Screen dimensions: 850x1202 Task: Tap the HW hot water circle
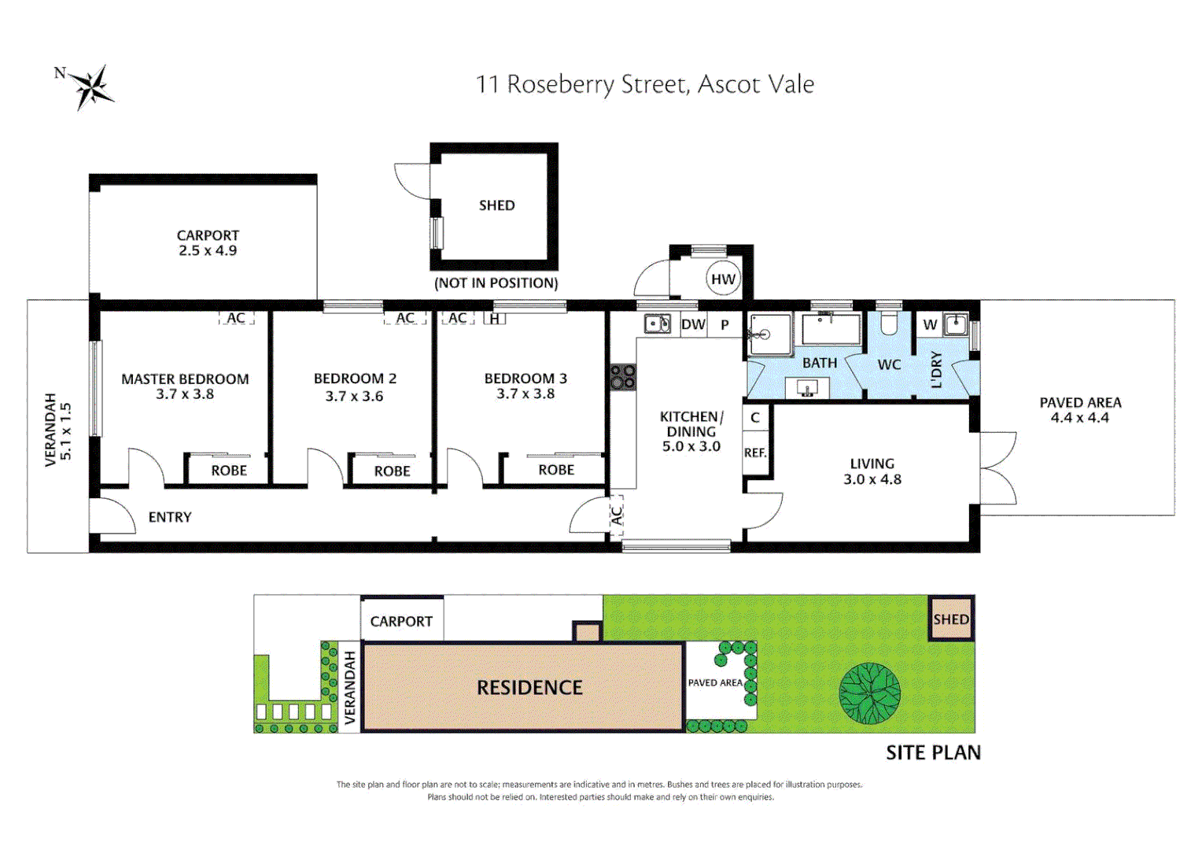tap(722, 279)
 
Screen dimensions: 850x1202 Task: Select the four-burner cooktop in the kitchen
tap(623, 376)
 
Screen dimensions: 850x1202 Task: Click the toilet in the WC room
tap(889, 323)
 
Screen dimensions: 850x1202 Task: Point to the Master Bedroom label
tap(185, 379)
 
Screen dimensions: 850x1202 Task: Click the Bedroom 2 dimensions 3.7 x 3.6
tap(354, 396)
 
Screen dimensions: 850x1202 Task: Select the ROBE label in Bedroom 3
tap(556, 470)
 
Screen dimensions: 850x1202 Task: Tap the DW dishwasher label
tap(693, 324)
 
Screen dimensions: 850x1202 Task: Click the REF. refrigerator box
tap(755, 453)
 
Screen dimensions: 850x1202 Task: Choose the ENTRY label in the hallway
tap(170, 517)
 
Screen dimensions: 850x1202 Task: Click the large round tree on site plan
tap(869, 693)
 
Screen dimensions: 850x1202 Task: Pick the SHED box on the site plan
tap(951, 619)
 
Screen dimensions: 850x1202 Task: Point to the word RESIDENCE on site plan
tap(529, 688)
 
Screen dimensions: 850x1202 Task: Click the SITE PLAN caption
tap(933, 753)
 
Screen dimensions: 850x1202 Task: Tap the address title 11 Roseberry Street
tap(644, 84)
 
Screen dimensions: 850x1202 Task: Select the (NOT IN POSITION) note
tap(496, 283)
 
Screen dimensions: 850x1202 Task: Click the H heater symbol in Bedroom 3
tap(495, 319)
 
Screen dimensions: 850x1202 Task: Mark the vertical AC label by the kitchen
tap(617, 516)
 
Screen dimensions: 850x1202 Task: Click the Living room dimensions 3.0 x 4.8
tap(872, 479)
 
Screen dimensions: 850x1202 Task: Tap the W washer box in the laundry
tap(930, 324)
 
